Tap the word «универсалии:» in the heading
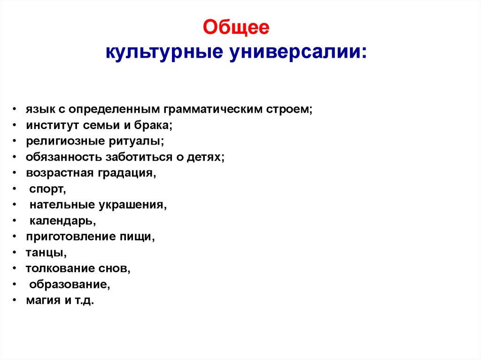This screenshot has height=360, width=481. [x=299, y=51]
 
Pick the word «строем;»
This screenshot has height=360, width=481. [x=289, y=109]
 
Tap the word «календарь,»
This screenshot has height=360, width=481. [x=63, y=221]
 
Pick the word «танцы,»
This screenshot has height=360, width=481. [x=46, y=253]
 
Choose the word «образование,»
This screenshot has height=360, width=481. [x=70, y=284]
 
